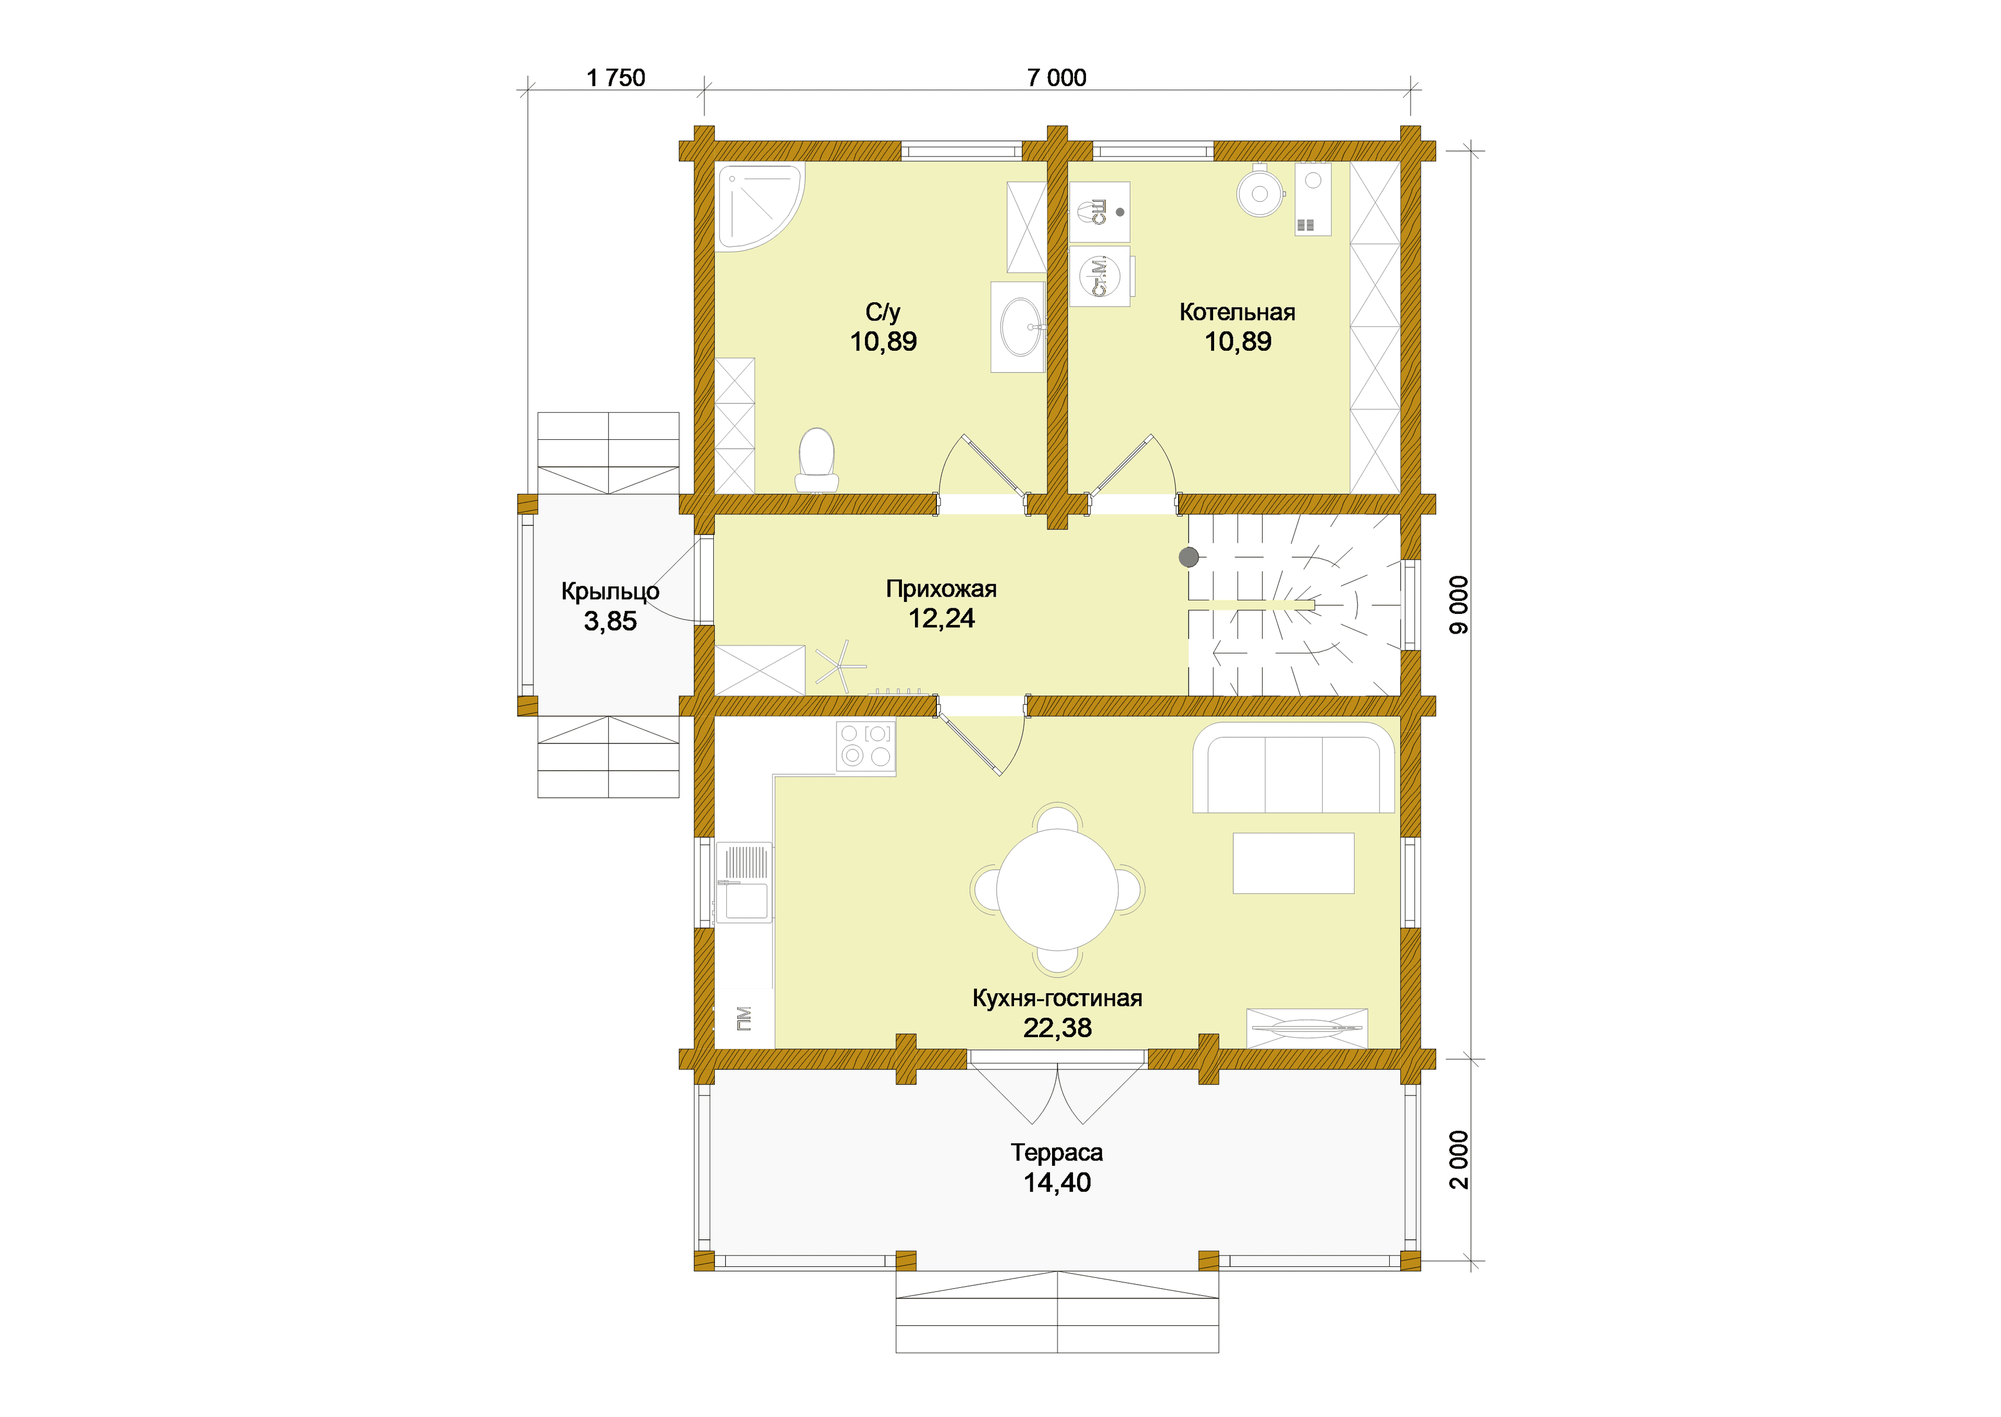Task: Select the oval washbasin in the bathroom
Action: click(x=1020, y=327)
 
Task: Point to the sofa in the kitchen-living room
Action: click(x=1293, y=768)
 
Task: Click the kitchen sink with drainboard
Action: click(x=743, y=881)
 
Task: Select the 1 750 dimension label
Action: click(x=616, y=78)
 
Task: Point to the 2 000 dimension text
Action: click(x=1459, y=1160)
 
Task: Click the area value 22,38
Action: click(x=1057, y=1028)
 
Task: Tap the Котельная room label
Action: click(x=1237, y=312)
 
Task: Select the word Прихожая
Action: click(x=941, y=589)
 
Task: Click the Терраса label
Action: click(x=1057, y=1153)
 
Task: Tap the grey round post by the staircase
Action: click(x=1188, y=557)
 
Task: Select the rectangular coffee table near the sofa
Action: click(x=1293, y=863)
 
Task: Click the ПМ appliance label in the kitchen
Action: click(x=743, y=1018)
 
